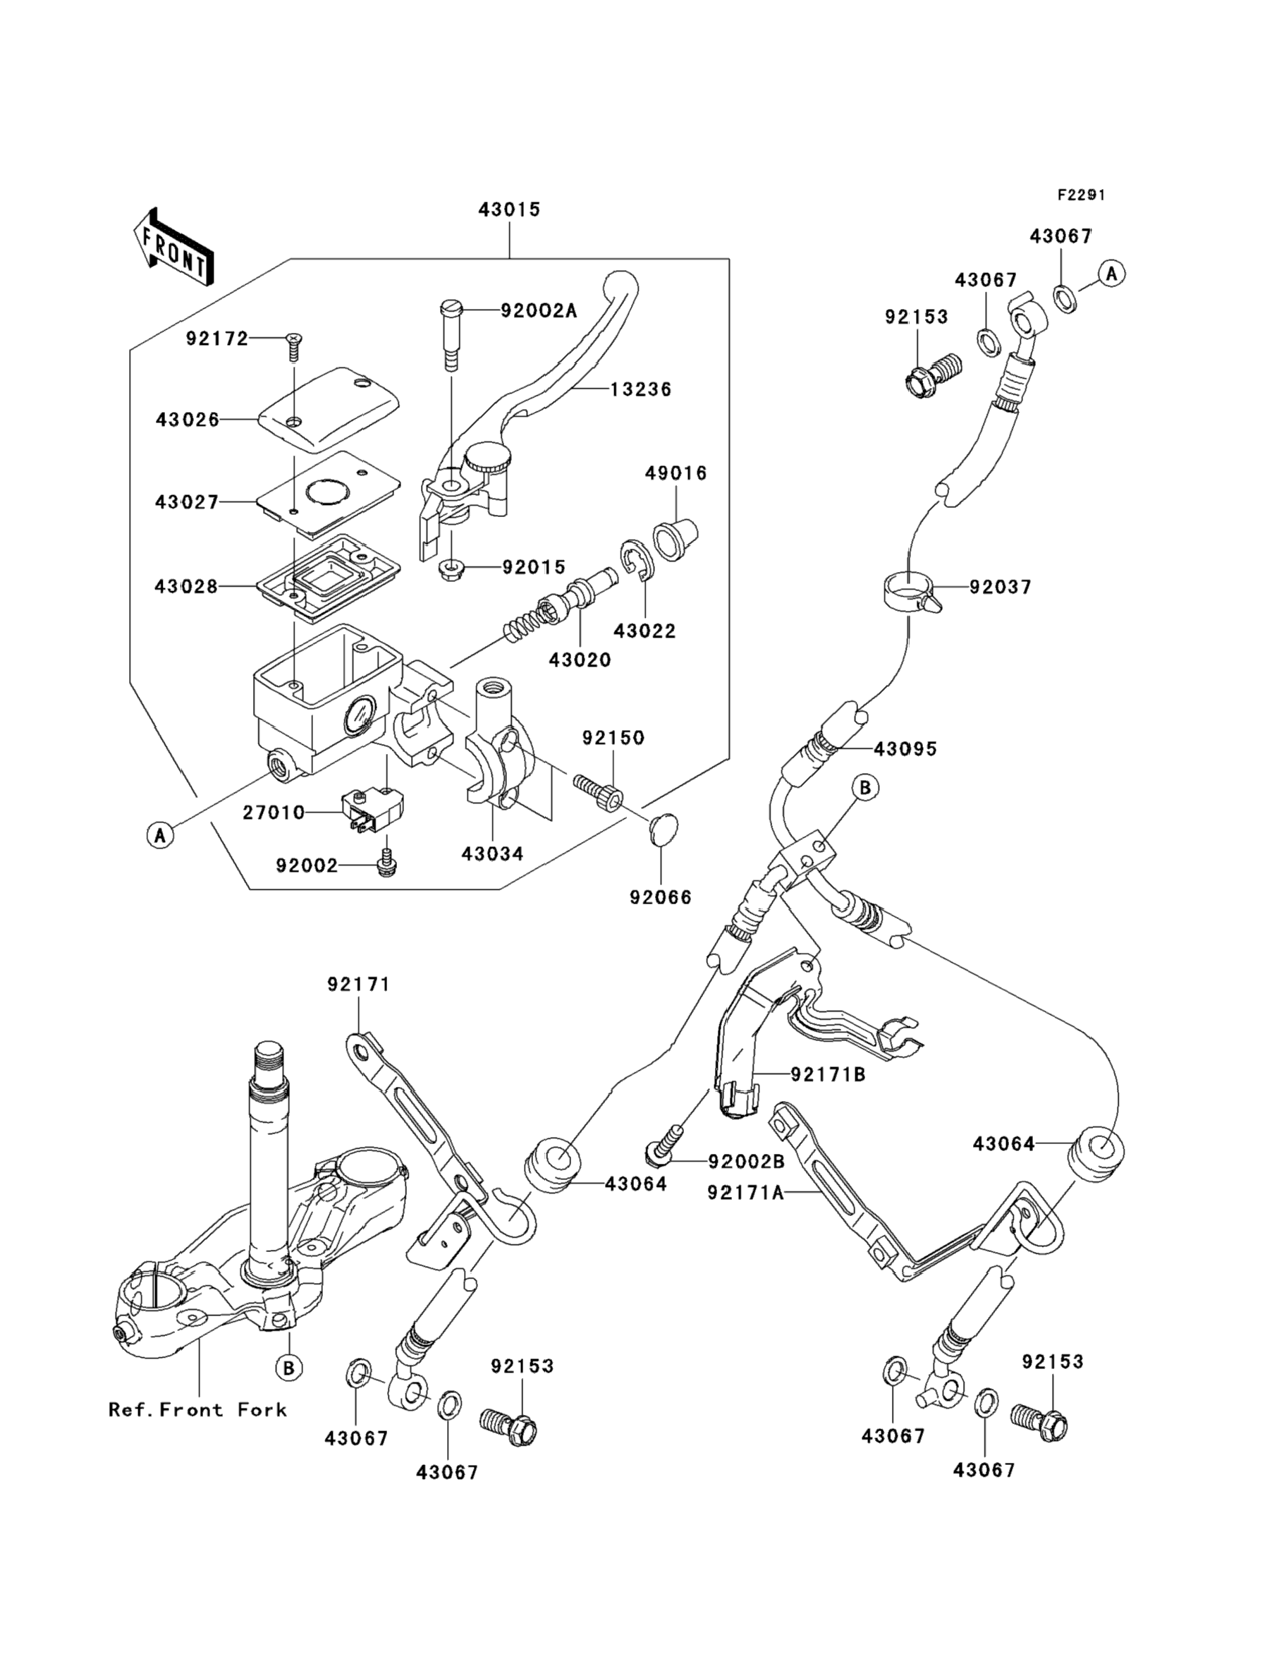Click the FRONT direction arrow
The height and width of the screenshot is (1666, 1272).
coord(173,248)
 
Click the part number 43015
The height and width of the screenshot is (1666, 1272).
coord(510,209)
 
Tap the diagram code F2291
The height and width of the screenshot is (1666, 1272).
coord(1081,195)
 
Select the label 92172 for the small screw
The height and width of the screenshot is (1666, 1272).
coord(217,339)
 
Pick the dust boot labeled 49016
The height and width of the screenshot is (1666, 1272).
coord(675,537)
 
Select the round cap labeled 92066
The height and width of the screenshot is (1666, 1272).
coord(664,829)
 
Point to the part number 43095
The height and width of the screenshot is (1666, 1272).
coord(905,749)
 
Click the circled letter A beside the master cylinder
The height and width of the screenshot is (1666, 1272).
coord(161,835)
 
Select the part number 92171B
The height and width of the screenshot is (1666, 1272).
coord(828,1074)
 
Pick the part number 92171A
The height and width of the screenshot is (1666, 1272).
coord(746,1193)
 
